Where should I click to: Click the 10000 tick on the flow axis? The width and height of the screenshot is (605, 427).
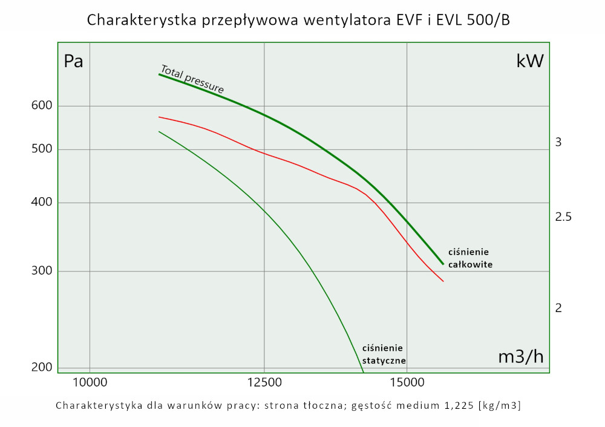(x=90, y=383)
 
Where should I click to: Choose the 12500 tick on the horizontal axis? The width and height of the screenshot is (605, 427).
(x=264, y=383)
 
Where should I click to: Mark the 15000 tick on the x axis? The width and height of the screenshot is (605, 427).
(x=407, y=383)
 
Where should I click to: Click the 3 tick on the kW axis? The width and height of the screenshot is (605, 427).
(x=558, y=143)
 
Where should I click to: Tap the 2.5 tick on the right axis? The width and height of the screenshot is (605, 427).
(x=563, y=217)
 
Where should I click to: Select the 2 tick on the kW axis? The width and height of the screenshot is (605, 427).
(x=558, y=308)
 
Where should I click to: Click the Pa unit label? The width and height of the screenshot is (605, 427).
(x=73, y=62)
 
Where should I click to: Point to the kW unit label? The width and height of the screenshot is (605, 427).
(x=529, y=61)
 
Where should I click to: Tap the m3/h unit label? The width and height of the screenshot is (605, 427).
(x=521, y=357)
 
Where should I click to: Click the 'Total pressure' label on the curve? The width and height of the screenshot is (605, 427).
(x=192, y=79)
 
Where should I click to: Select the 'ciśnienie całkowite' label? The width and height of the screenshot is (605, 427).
(x=470, y=258)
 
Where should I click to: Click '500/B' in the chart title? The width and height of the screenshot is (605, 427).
(x=486, y=20)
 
